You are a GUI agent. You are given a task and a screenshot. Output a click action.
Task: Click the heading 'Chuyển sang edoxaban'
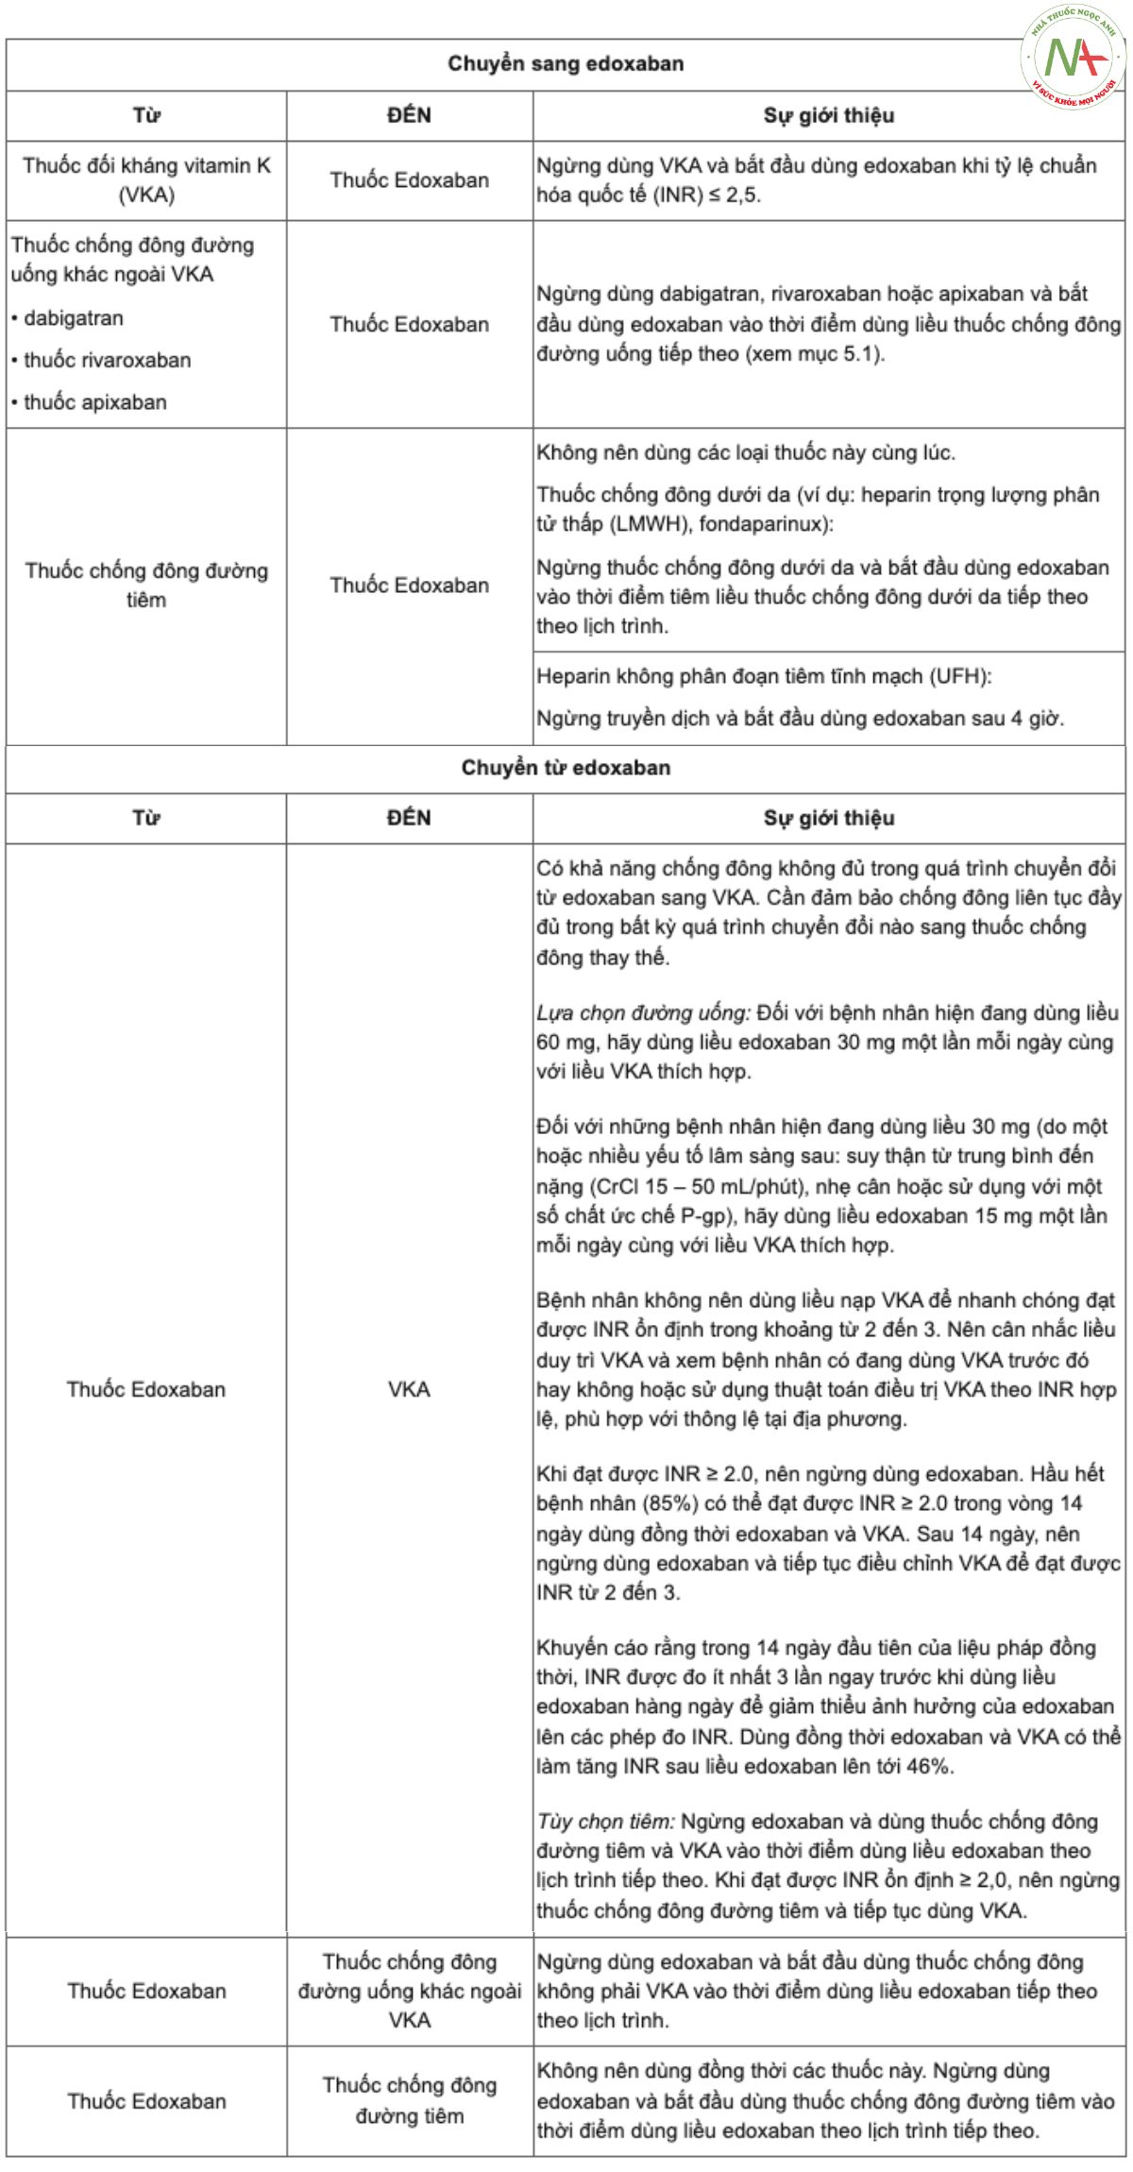click(565, 64)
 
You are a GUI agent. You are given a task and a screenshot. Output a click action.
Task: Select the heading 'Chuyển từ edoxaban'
click(565, 768)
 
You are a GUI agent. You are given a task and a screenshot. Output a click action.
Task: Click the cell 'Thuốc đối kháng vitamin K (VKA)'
click(146, 180)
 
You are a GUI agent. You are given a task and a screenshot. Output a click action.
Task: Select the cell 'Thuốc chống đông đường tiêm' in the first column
click(146, 585)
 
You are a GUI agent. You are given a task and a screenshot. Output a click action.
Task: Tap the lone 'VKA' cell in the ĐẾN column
click(409, 1389)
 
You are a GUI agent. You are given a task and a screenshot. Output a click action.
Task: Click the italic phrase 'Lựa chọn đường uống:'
click(643, 1013)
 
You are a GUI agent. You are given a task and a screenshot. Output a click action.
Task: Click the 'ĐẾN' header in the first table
click(409, 115)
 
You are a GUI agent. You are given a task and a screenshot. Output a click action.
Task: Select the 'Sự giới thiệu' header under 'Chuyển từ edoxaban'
click(828, 818)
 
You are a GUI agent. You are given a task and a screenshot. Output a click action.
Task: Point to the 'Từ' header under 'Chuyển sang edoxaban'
click(146, 115)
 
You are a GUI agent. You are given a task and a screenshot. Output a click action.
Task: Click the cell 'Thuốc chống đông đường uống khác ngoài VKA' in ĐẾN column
click(409, 1992)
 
